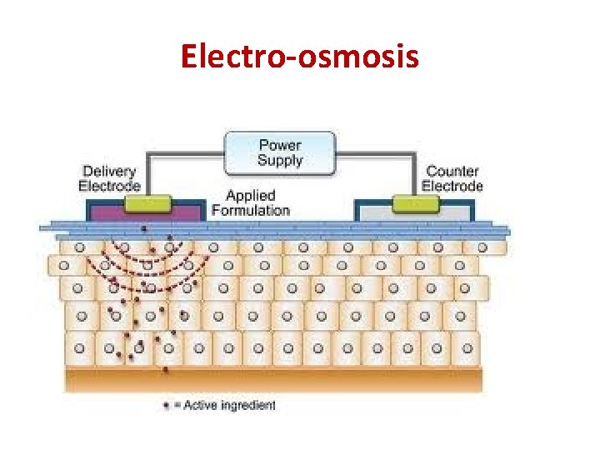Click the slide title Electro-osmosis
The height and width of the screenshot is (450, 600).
click(300, 57)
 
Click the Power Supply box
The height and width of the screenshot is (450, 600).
click(280, 152)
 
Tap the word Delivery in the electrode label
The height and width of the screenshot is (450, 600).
click(109, 171)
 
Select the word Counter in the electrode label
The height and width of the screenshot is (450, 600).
click(452, 171)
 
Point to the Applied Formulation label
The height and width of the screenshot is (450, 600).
click(250, 202)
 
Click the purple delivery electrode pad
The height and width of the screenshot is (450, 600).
click(117, 214)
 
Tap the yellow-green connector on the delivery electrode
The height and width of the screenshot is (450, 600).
click(147, 203)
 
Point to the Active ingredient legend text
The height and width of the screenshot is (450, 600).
click(229, 406)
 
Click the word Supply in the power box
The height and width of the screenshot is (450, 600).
click(280, 160)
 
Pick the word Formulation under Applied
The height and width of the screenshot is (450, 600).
click(250, 210)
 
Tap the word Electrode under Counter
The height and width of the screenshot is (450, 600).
click(452, 185)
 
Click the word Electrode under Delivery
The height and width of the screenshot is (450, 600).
click(109, 185)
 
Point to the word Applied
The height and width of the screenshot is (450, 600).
click(250, 196)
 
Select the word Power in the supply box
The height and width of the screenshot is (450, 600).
click(280, 146)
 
